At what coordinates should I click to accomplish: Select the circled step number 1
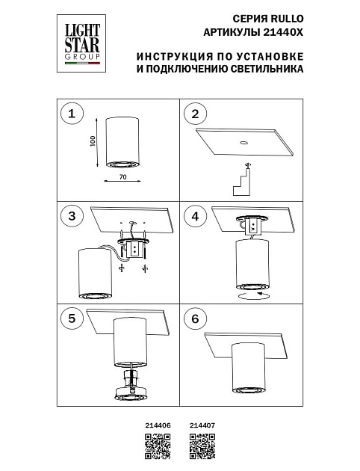click(x=72, y=114)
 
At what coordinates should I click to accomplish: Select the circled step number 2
click(x=196, y=114)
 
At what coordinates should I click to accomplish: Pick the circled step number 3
click(x=72, y=216)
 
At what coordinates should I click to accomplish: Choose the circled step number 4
click(x=196, y=216)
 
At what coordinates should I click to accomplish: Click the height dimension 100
click(x=94, y=142)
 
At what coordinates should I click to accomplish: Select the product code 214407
click(x=202, y=425)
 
